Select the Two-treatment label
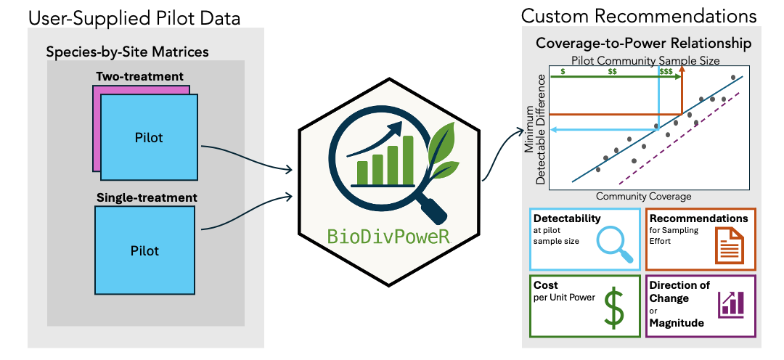click(139, 76)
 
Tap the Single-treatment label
click(147, 197)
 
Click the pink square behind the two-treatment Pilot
click(97, 127)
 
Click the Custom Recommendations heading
click(639, 16)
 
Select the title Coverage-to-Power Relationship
click(643, 44)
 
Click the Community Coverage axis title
click(643, 196)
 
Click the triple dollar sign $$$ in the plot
click(666, 71)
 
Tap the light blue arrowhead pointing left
click(553, 129)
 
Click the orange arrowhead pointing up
click(682, 71)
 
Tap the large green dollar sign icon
click(614, 308)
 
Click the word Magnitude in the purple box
click(677, 323)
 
